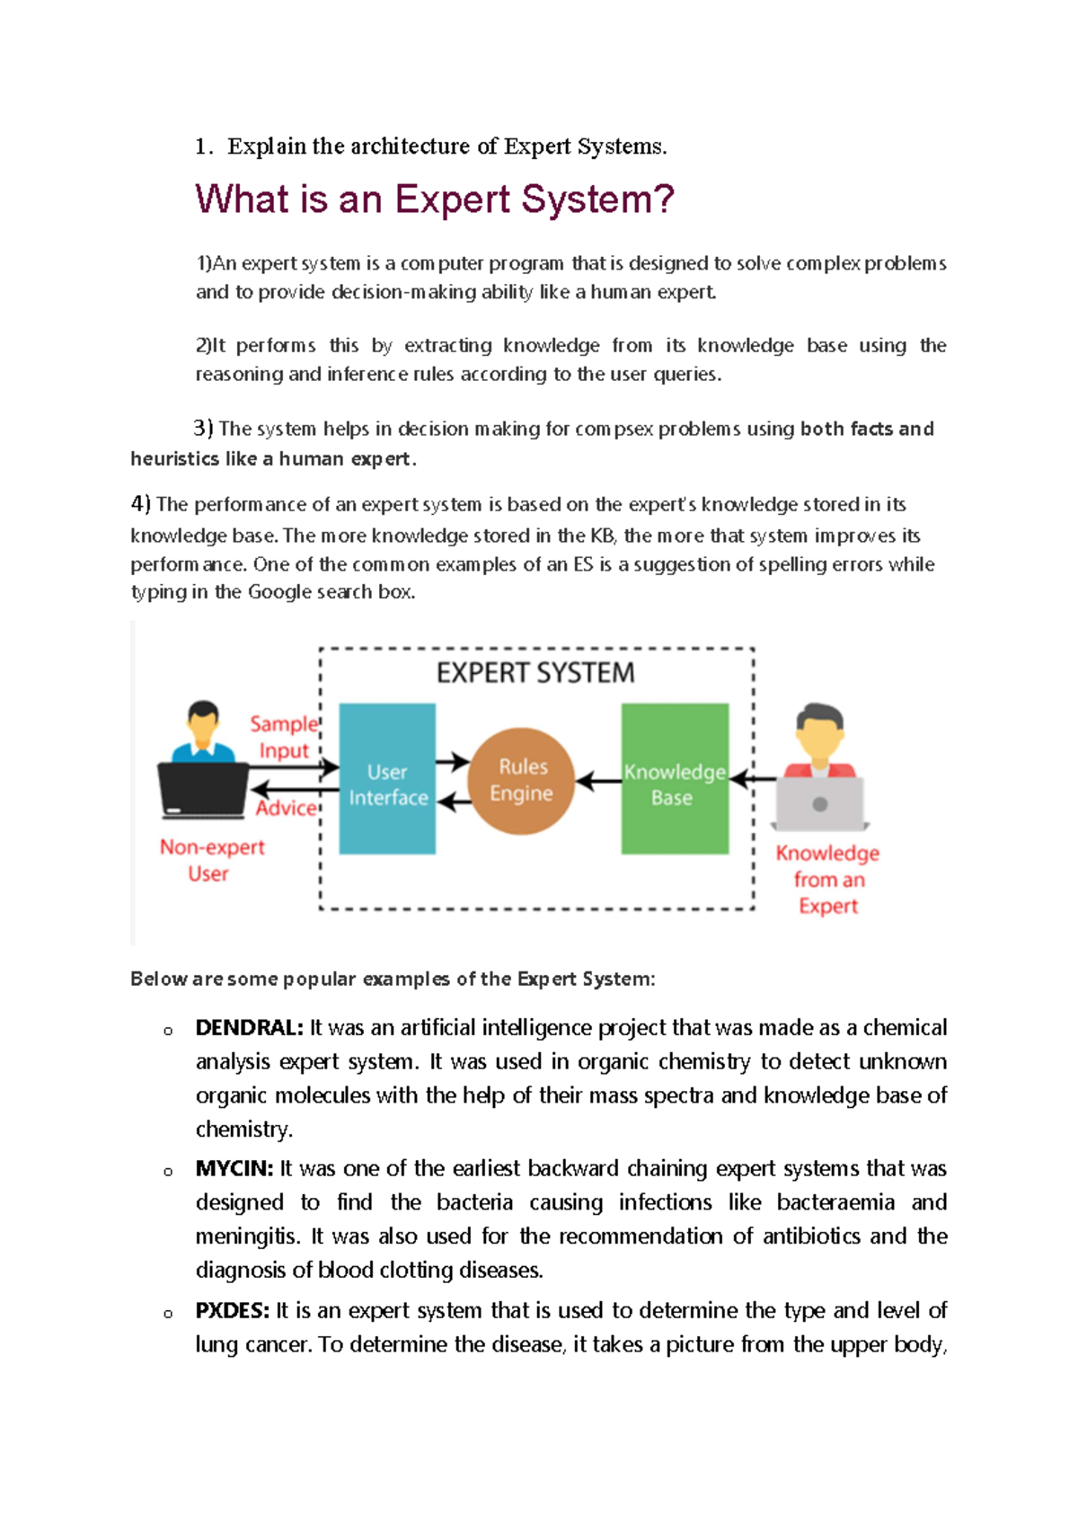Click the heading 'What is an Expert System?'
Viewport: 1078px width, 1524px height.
[x=435, y=199]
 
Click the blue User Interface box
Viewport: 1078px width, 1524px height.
[x=387, y=779]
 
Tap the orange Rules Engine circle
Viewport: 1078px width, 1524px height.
[x=521, y=781]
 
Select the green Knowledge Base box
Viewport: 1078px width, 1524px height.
[x=675, y=779]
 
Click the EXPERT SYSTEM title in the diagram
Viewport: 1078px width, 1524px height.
[x=535, y=673]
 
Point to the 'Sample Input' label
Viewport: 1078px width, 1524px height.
[x=284, y=737]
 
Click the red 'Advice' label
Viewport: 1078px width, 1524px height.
[x=287, y=808]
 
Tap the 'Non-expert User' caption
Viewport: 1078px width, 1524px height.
[x=211, y=860]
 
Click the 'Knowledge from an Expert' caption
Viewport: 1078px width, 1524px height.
[x=827, y=879]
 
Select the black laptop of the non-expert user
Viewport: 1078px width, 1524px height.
[x=203, y=790]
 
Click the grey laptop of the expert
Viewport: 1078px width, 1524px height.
[x=819, y=804]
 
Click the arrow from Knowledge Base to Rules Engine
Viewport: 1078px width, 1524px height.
[x=598, y=782]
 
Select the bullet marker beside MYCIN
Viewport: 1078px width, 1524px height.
[x=168, y=1172]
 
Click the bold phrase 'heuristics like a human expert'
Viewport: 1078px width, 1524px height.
[x=273, y=459]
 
